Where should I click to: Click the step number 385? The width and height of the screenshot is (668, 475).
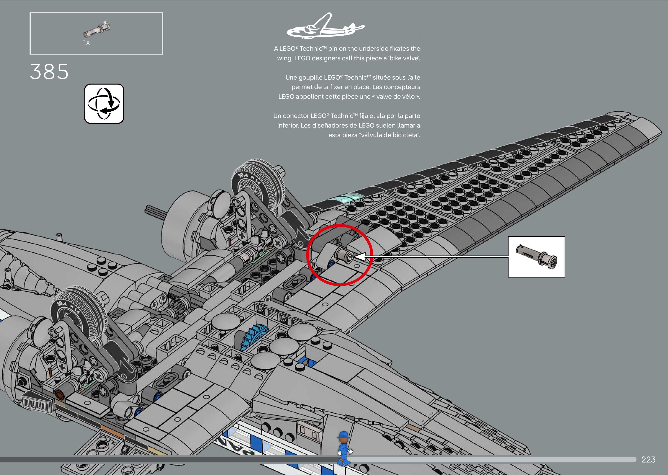[49, 72]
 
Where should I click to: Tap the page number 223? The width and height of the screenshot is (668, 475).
[648, 460]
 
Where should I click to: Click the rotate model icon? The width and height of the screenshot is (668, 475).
[104, 103]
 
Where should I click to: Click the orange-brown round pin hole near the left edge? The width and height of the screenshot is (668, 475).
[60, 395]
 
